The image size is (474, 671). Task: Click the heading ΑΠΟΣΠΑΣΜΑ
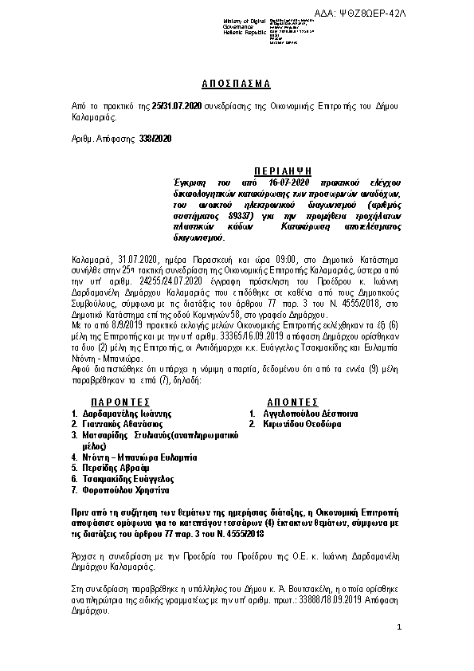click(x=237, y=84)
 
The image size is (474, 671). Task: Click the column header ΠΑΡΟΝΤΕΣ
click(x=120, y=403)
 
